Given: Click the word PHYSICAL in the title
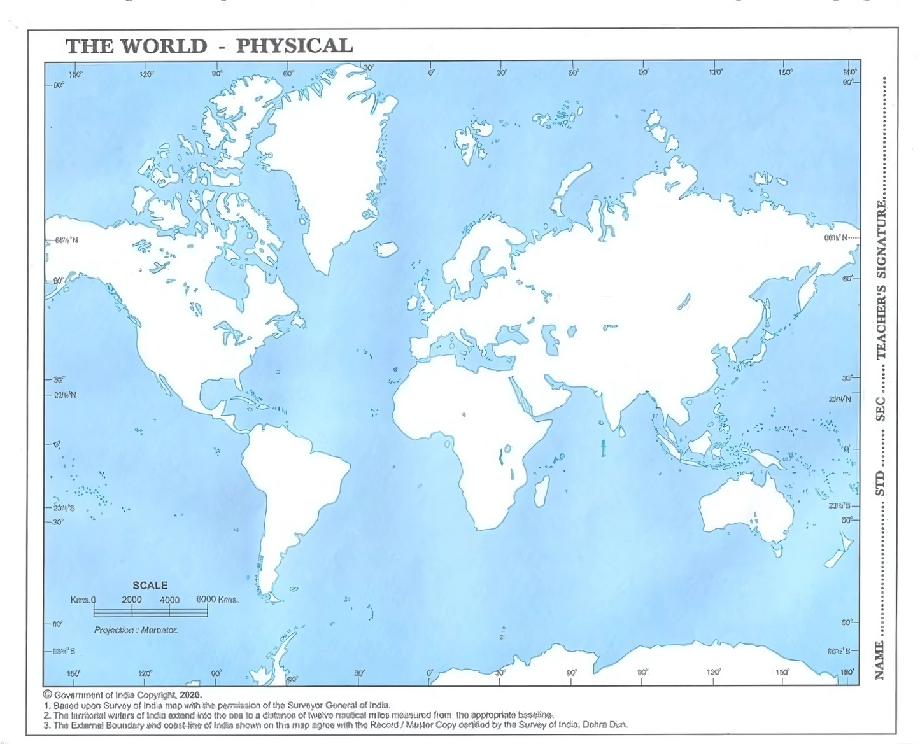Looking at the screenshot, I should click(x=294, y=46).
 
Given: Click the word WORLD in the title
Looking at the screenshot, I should click(x=164, y=46).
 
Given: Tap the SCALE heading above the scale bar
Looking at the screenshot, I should click(x=150, y=585).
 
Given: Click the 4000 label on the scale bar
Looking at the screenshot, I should click(x=169, y=600).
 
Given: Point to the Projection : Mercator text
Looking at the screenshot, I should click(x=136, y=629).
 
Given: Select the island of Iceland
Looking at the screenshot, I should click(x=386, y=247).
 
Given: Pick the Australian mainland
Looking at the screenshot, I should click(x=745, y=509).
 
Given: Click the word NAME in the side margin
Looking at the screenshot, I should click(x=880, y=660).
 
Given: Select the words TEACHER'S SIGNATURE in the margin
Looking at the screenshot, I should click(x=881, y=280).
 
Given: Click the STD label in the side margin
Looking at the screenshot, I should click(x=880, y=483).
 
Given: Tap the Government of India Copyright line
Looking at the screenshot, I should click(x=122, y=695).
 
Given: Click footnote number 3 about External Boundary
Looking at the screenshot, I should click(x=336, y=724).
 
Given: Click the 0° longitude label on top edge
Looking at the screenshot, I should click(x=431, y=73).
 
